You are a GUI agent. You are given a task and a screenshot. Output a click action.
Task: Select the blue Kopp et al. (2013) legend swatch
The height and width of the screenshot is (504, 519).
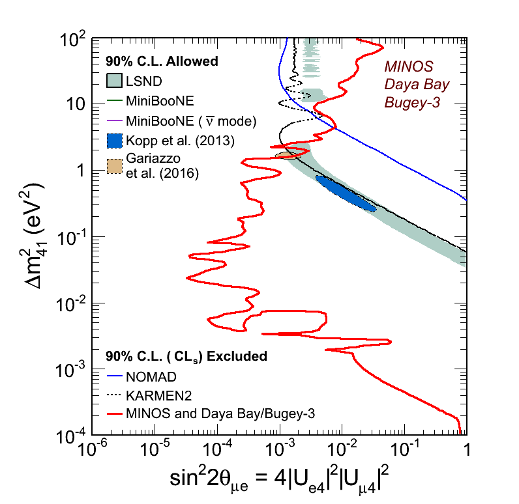(115, 141)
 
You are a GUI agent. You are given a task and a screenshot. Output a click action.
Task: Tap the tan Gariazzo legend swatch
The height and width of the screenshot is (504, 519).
(115, 167)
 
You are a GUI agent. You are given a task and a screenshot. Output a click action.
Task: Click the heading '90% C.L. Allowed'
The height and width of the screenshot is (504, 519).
(162, 62)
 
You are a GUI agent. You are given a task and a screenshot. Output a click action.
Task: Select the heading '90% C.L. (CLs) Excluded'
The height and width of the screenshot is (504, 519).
(186, 356)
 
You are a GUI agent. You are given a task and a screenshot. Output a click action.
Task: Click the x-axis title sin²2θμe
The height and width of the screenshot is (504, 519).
(278, 481)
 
